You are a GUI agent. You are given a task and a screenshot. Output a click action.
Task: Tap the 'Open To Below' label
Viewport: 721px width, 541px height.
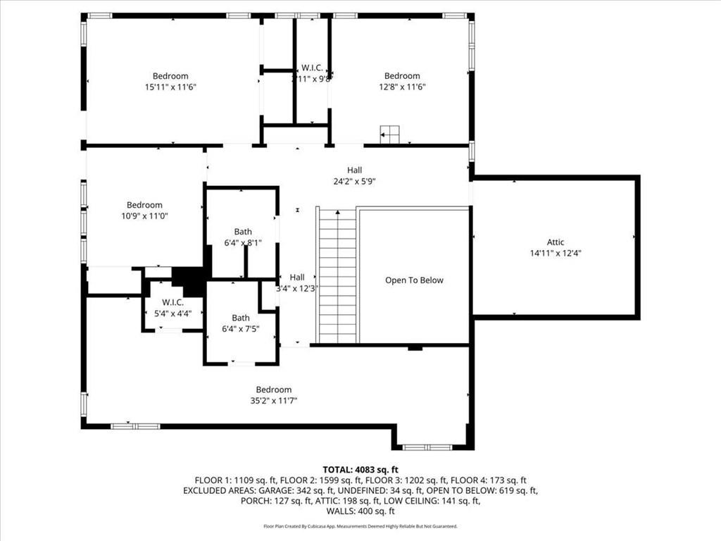(x=414, y=280)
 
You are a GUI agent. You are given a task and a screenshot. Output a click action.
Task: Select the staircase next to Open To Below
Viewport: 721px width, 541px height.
(x=337, y=275)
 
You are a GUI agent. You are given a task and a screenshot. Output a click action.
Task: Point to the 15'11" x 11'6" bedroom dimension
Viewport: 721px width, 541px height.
(x=170, y=87)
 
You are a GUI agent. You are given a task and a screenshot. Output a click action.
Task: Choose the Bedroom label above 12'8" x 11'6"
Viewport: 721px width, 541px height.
(x=401, y=76)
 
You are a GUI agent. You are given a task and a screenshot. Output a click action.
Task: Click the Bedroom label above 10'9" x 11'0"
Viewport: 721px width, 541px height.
(x=144, y=205)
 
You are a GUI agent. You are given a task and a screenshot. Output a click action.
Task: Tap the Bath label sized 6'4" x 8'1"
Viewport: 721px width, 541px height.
(x=243, y=232)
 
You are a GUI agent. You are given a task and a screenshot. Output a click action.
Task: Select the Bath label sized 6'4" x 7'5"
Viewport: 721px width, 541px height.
(x=241, y=318)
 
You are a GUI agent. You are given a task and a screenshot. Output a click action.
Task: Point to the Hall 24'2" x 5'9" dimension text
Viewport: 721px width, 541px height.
(x=354, y=181)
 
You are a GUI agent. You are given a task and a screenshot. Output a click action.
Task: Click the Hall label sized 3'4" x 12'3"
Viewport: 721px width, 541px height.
(x=296, y=277)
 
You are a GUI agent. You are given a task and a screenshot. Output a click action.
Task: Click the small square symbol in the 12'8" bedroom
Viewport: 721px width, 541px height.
(x=389, y=134)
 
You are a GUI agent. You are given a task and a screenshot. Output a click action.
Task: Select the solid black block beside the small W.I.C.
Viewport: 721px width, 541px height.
(x=188, y=281)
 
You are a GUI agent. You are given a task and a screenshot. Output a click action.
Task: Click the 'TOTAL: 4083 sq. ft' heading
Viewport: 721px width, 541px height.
(x=360, y=469)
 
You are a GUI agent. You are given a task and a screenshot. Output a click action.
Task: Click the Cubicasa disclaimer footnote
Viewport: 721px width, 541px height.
(x=360, y=526)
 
